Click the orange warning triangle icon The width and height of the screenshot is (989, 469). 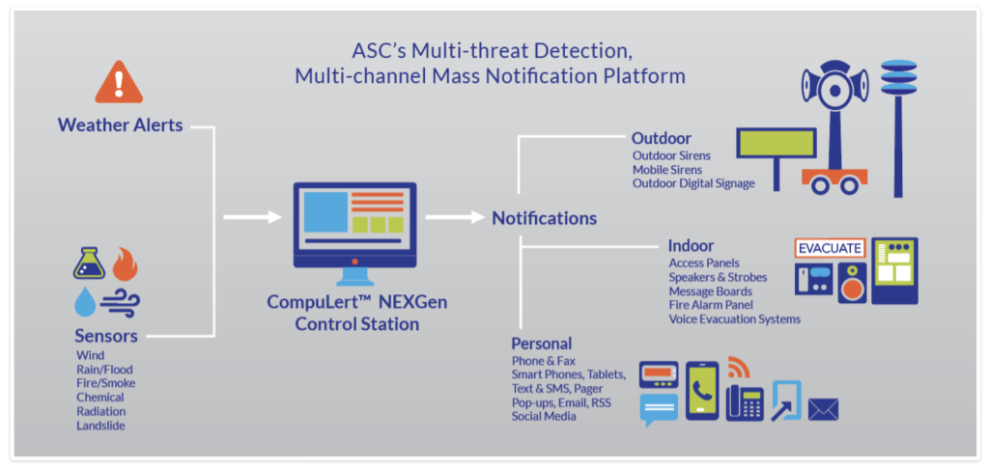tap(119, 83)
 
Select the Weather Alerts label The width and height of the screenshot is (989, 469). tap(121, 124)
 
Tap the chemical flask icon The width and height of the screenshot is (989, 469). tap(89, 262)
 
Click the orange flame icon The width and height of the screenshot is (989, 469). tap(125, 263)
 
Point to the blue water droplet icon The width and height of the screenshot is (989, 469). tap(85, 301)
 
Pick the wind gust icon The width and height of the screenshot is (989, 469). tap(120, 302)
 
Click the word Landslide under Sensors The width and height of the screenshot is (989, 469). tap(100, 426)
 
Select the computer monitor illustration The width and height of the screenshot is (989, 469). tap(354, 234)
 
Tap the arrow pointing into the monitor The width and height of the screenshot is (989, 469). tap(252, 217)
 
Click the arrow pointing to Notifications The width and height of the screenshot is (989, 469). tap(455, 217)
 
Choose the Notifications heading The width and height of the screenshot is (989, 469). tap(545, 218)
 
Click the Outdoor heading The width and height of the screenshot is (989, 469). tap(662, 138)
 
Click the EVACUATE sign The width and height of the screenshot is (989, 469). tap(830, 248)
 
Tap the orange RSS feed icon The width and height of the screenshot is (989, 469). tap(738, 367)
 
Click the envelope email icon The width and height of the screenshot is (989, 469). tap(823, 410)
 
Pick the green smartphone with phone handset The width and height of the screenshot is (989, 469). tap(702, 390)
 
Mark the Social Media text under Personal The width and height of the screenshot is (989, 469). tap(544, 417)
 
